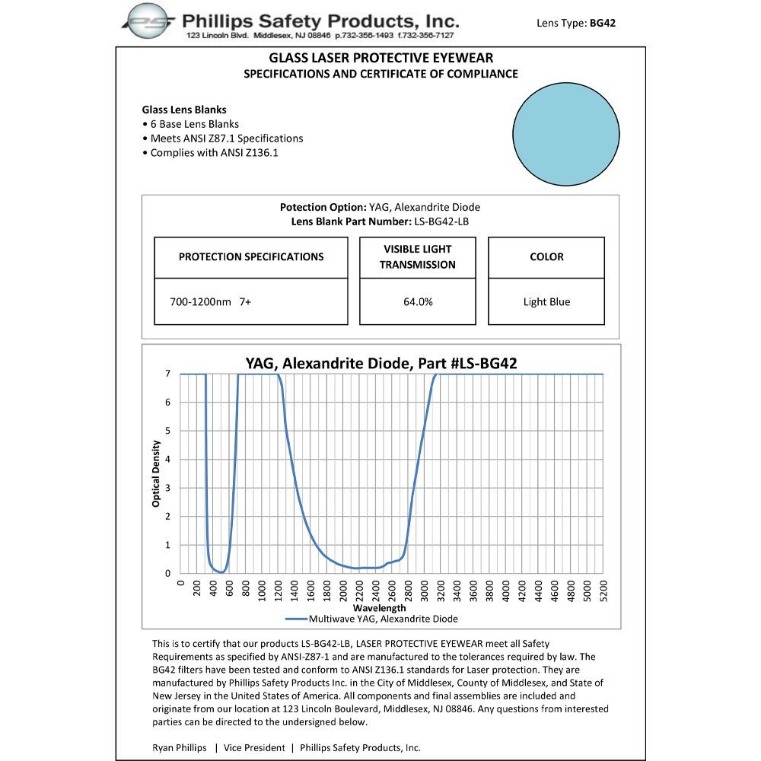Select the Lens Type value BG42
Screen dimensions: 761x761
coord(603,23)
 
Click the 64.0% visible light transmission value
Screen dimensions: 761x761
coord(418,302)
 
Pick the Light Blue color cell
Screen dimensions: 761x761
coord(546,302)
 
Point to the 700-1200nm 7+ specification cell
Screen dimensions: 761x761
coord(211,302)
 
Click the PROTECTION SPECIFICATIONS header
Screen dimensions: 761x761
coord(251,257)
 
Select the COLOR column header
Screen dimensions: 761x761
coord(546,257)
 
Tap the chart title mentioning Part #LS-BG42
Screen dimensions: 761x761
coord(380,364)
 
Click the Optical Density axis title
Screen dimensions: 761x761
coord(157,473)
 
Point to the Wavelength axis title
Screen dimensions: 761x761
coord(380,608)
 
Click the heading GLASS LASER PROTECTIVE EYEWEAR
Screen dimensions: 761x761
coord(380,58)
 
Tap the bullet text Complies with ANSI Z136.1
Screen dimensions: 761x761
coord(226,153)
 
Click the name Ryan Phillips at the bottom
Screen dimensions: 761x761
coord(180,748)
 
